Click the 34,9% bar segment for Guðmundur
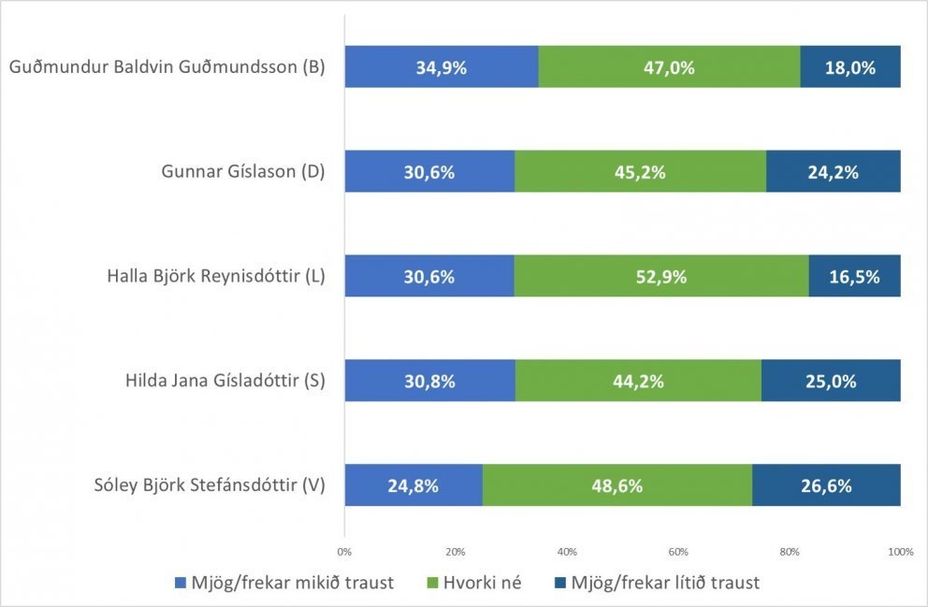coord(441,67)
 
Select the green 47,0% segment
coord(669,67)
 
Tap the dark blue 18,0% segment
coord(850,67)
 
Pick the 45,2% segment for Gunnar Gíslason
coord(640,172)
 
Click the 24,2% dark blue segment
coord(833,172)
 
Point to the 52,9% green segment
coord(660,277)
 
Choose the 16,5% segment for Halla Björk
coord(854,277)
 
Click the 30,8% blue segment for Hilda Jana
coord(429,381)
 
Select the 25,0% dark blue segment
coord(831,381)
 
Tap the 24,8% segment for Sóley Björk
coord(413,485)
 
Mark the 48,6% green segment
coord(616,485)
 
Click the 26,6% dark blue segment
coord(826,485)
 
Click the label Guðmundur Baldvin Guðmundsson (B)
coord(166,67)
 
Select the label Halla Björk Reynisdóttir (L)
coord(215,277)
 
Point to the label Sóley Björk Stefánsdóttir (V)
coord(209,485)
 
